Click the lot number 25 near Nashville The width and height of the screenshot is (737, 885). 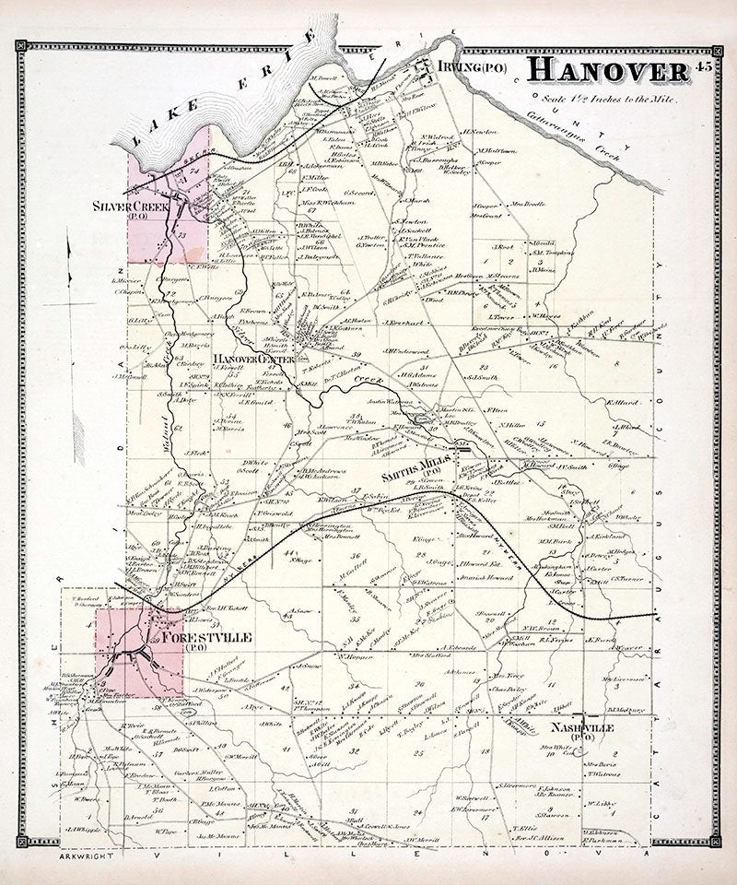[419, 753]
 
